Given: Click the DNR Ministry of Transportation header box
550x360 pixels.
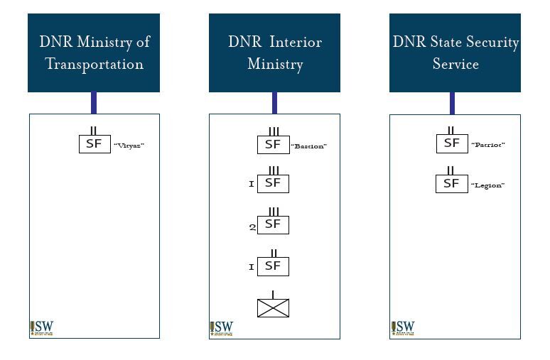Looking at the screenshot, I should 94,53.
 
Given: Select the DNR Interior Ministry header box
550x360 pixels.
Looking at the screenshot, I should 274,53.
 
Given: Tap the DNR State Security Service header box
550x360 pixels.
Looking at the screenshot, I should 455,53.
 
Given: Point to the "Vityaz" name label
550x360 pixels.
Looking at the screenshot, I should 129,146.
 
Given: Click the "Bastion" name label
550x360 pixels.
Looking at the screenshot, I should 308,146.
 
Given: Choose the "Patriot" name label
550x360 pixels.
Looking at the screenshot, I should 488,145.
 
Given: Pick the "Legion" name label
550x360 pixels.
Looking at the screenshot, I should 487,185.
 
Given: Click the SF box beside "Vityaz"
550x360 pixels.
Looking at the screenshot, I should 95,143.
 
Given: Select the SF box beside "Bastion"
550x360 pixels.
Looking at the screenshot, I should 273,144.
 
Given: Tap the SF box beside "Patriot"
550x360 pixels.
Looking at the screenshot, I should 452,143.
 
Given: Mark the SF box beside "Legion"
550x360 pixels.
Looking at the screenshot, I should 451,183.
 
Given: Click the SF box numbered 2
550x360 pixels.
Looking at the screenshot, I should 273,224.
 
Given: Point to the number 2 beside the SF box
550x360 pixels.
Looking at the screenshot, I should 252,228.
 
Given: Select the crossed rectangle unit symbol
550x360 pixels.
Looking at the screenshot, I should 273,307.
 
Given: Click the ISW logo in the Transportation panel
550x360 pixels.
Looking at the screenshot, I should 42,328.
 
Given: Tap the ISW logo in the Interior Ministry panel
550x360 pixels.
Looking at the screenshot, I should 221,328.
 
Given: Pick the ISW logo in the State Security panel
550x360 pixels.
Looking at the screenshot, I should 402,328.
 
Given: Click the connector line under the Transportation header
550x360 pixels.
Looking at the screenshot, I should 94,103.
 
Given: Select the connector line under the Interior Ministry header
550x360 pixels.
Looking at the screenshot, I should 274,103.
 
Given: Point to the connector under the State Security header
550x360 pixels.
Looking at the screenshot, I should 452,103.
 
